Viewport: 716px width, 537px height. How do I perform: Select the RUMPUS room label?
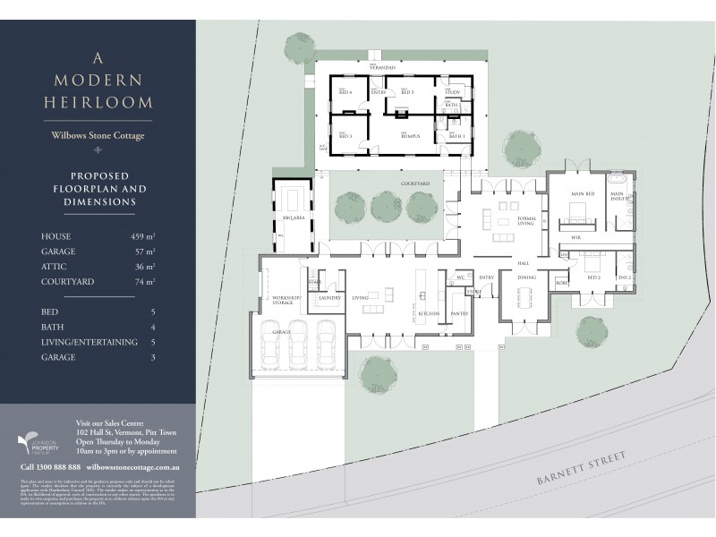coord(411,136)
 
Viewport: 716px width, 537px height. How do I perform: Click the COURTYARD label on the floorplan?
coord(416,183)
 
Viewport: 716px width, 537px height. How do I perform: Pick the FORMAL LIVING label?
coord(525,222)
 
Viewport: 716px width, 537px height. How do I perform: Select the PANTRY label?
coord(459,313)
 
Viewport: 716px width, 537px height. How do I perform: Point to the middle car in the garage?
coord(298,345)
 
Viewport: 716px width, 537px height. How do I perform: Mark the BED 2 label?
coord(593,277)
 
